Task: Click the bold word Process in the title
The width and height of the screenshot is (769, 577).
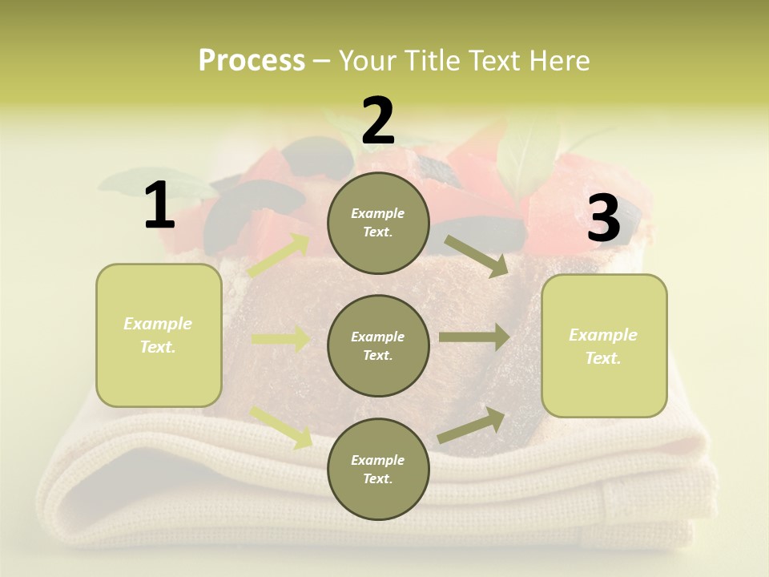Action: point(252,61)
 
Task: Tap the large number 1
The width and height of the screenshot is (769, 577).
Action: point(159,206)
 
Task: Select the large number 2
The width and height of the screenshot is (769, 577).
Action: point(378,121)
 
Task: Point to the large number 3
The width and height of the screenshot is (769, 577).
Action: point(603,219)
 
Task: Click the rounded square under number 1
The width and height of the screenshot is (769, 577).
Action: point(159,335)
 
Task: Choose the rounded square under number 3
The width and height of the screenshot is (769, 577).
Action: point(604,346)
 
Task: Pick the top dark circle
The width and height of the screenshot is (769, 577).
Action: point(378,223)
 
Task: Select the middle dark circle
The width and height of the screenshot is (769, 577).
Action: point(378,345)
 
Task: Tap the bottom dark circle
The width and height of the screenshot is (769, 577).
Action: point(378,469)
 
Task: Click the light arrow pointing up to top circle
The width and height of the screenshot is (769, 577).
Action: point(279,255)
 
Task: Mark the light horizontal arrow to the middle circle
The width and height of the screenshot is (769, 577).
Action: point(280,339)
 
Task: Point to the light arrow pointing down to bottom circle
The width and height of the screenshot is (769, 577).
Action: point(281,426)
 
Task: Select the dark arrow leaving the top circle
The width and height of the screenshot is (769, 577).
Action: point(477,256)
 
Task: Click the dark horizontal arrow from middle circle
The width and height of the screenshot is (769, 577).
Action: point(474,337)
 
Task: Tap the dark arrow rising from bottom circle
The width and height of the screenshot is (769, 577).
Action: point(472,425)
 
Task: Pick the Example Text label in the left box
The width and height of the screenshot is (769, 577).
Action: point(158,335)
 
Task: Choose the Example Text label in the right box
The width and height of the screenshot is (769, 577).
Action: point(603,346)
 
